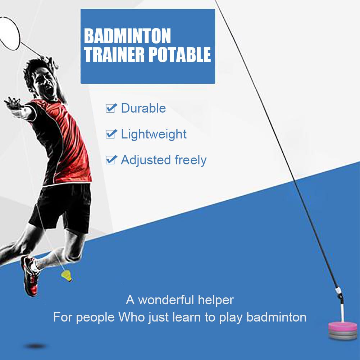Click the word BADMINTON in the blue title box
tap(127, 36)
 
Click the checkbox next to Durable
tap(111, 108)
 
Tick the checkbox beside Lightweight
tap(111, 134)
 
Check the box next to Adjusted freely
tap(111, 160)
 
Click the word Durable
tap(143, 108)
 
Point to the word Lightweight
tap(154, 134)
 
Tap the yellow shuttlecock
tap(66, 276)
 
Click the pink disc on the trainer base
tap(343, 327)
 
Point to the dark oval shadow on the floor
tap(35, 346)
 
